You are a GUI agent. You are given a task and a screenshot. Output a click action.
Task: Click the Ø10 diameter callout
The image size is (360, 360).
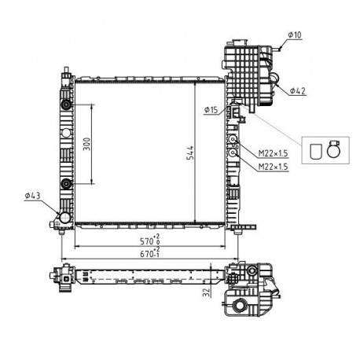coord(295,35)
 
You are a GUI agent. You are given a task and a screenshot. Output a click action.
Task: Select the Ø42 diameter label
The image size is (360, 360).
coord(298,91)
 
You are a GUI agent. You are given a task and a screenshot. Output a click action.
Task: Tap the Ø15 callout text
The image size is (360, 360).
coord(211,110)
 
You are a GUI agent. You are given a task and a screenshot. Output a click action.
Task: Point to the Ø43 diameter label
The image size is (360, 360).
coord(33,196)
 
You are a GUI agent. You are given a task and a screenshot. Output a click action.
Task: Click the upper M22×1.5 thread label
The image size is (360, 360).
coord(273,153)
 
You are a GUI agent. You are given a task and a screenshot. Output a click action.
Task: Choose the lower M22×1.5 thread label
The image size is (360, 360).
coord(273,167)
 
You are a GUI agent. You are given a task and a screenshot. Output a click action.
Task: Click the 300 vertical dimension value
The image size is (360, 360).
coord(86,144)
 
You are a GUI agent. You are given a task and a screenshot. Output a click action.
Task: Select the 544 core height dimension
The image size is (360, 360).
coord(190,152)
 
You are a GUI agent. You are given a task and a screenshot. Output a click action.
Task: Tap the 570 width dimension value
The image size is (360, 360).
coord(150,241)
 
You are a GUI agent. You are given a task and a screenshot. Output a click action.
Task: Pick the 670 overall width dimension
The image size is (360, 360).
coord(150,253)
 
